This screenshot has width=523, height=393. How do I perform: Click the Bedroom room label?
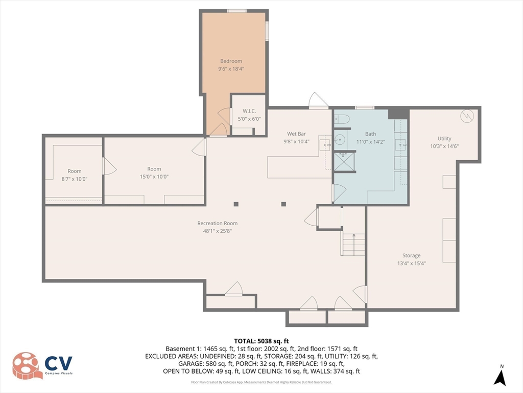coord(231,61)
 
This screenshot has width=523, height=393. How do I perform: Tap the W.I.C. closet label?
coord(249,112)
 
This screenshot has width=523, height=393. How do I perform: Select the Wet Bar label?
coord(296,134)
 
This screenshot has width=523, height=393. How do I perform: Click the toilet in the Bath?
coord(342,120)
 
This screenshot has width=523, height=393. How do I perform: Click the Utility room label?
coord(444,139)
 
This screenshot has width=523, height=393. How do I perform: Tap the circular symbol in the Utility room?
coord(467,116)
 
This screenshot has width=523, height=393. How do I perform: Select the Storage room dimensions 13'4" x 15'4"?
coord(411,263)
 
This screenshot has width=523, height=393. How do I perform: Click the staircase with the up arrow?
coord(353,245)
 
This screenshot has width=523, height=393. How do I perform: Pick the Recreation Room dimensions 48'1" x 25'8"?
coord(218,230)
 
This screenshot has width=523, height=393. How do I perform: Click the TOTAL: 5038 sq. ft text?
coord(261,341)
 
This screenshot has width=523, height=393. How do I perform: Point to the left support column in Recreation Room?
coord(236,204)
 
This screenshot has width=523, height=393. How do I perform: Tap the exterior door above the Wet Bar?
coord(318,101)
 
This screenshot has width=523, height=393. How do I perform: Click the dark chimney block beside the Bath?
coord(398,113)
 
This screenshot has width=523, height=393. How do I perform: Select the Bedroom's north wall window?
coord(236,11)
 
